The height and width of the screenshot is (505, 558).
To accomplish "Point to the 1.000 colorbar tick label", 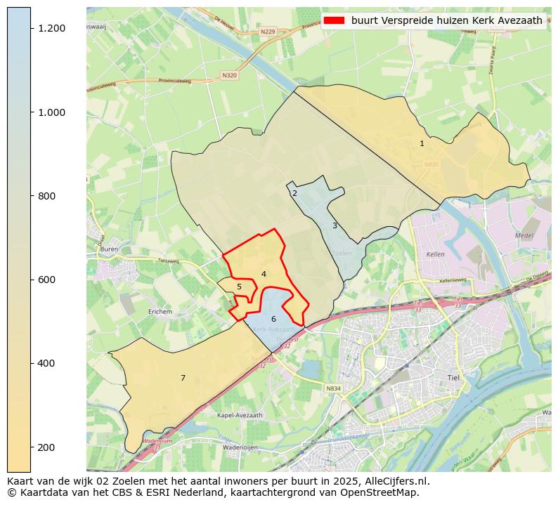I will pos(51,112).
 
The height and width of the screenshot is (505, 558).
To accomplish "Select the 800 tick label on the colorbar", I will pos(47,196).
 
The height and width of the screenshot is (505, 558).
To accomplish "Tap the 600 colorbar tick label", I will pos(47,280).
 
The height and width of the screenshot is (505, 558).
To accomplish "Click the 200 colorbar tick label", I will pos(47,447).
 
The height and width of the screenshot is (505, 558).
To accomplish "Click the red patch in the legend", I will pos(334,20).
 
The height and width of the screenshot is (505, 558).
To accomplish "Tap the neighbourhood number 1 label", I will pos(422,143).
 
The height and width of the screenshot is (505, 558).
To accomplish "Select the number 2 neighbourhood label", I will pos(294,193).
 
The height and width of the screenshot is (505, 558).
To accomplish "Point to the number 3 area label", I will pos(335,225).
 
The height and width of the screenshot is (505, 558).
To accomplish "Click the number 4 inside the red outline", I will pos(264,274).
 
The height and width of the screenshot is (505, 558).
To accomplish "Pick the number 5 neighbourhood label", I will pos(239,287).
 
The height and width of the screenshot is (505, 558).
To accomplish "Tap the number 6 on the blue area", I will pos(273,319).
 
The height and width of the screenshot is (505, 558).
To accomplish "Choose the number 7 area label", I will pos(183,378).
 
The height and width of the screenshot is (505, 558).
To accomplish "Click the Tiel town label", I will pos(453,377).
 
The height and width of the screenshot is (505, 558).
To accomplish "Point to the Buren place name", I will pos(109,249).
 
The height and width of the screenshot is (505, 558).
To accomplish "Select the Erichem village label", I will pos(160,311).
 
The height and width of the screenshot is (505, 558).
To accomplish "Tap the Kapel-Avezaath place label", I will pos(240,415).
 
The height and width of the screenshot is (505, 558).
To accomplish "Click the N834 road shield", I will pos(333,388).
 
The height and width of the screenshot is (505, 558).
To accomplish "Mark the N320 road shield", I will pos(229,75).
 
